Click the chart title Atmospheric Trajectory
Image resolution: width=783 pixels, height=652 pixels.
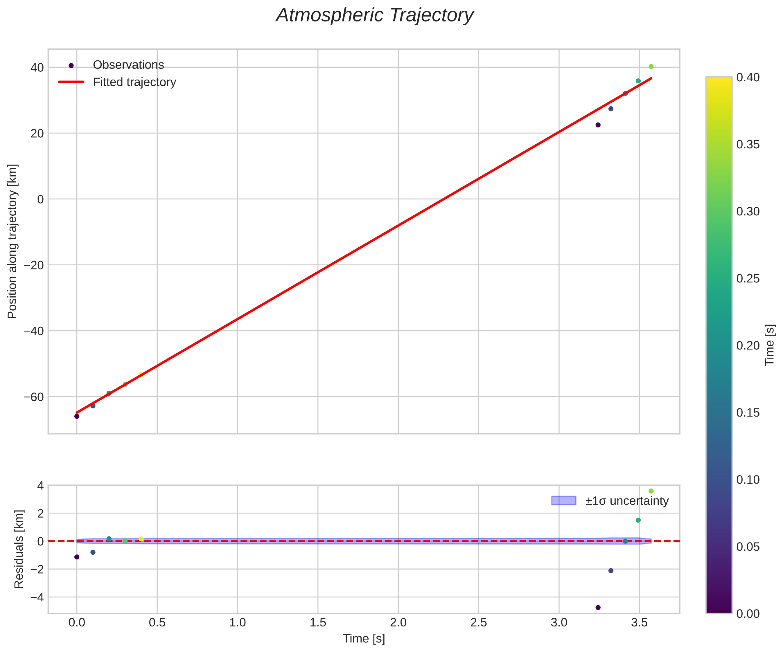coord(374,16)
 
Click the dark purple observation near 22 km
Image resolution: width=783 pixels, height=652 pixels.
coord(598,125)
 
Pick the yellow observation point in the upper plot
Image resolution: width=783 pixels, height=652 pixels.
coord(141,374)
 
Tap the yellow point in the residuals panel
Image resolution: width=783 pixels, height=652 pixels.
coord(141,539)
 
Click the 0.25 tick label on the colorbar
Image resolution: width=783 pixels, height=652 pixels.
coord(748,278)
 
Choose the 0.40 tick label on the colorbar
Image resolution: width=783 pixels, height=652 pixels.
coord(748,78)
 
